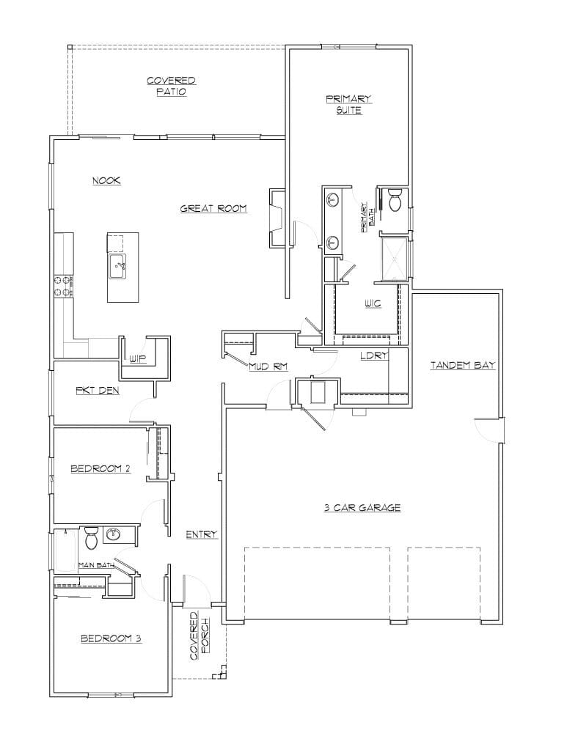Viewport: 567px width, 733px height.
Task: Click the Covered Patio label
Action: [x=171, y=86]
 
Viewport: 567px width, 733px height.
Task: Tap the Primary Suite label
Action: [x=349, y=104]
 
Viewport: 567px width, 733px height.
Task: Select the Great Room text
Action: [x=213, y=209]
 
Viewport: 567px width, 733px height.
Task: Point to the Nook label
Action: [x=106, y=181]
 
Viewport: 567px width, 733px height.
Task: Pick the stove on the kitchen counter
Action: [x=63, y=285]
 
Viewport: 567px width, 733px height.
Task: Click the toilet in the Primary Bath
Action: [x=394, y=199]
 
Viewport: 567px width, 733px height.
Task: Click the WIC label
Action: [x=372, y=302]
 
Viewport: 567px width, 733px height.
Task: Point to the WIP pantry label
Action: [x=138, y=358]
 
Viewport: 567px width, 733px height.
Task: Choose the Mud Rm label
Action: [x=268, y=366]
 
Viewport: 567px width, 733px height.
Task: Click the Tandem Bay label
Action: [x=463, y=364]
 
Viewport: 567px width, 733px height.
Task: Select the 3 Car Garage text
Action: [x=362, y=507]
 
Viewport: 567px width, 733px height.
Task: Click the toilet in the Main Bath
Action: [x=92, y=538]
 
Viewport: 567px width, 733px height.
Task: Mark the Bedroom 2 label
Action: [x=100, y=468]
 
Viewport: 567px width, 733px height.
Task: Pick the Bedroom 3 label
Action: [x=111, y=638]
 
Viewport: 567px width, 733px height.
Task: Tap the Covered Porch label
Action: [x=200, y=636]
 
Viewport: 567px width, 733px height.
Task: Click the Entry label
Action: [x=202, y=534]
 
